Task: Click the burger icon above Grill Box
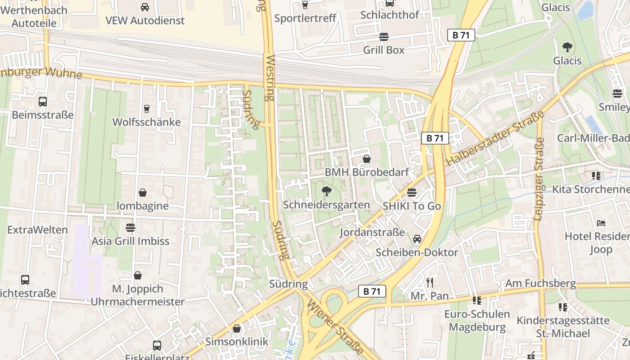tap(384, 36)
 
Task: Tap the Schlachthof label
tap(390, 15)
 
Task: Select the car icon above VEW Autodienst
tap(145, 7)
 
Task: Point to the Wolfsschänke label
tap(146, 122)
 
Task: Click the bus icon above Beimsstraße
tap(43, 102)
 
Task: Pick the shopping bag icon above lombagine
tap(143, 193)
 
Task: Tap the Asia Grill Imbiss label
tap(130, 241)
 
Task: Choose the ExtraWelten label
tap(37, 230)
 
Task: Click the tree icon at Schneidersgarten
tap(327, 192)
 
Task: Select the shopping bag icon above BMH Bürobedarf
tap(367, 159)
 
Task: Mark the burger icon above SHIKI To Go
tap(412, 193)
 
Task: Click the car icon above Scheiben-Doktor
tap(417, 238)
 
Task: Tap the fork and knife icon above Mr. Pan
tap(430, 283)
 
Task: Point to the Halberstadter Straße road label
tap(495, 138)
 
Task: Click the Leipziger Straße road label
tap(539, 179)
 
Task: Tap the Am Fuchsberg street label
tap(540, 283)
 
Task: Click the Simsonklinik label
tap(237, 342)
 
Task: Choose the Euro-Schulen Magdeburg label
tap(477, 320)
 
